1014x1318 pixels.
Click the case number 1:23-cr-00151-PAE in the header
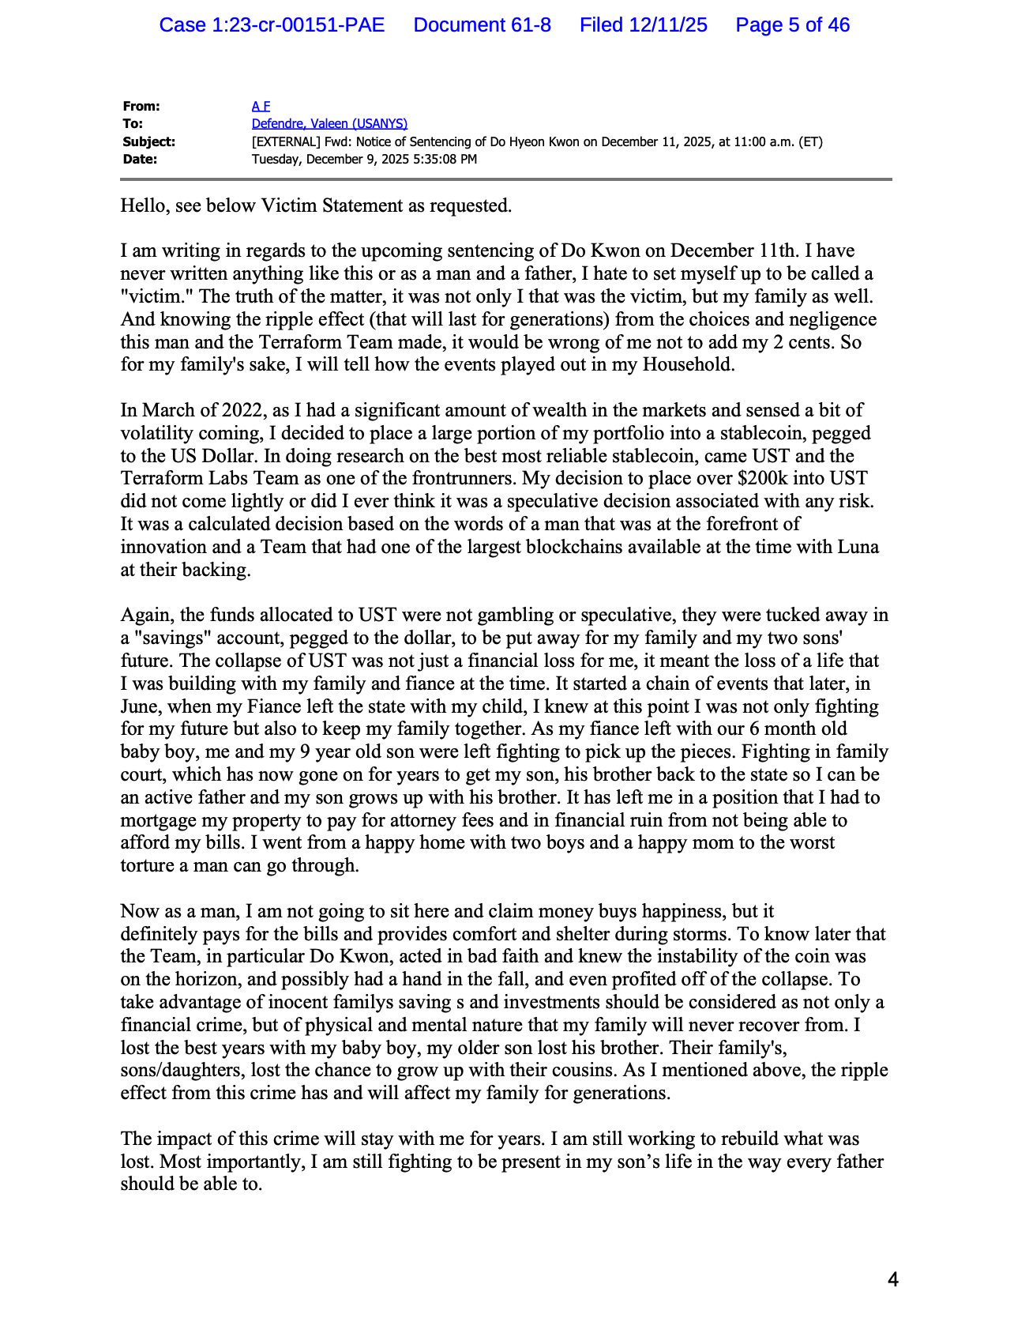272,25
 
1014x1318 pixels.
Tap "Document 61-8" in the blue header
482,25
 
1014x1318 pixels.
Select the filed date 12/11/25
644,25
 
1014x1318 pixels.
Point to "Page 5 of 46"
792,25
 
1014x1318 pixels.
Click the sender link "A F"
261,106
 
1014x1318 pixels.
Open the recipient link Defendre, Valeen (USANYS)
329,123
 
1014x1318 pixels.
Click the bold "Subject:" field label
148,141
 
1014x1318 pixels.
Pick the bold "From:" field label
141,106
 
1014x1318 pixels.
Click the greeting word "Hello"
145,205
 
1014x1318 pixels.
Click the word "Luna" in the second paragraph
857,547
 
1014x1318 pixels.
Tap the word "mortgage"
159,820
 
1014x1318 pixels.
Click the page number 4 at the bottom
892,1279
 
